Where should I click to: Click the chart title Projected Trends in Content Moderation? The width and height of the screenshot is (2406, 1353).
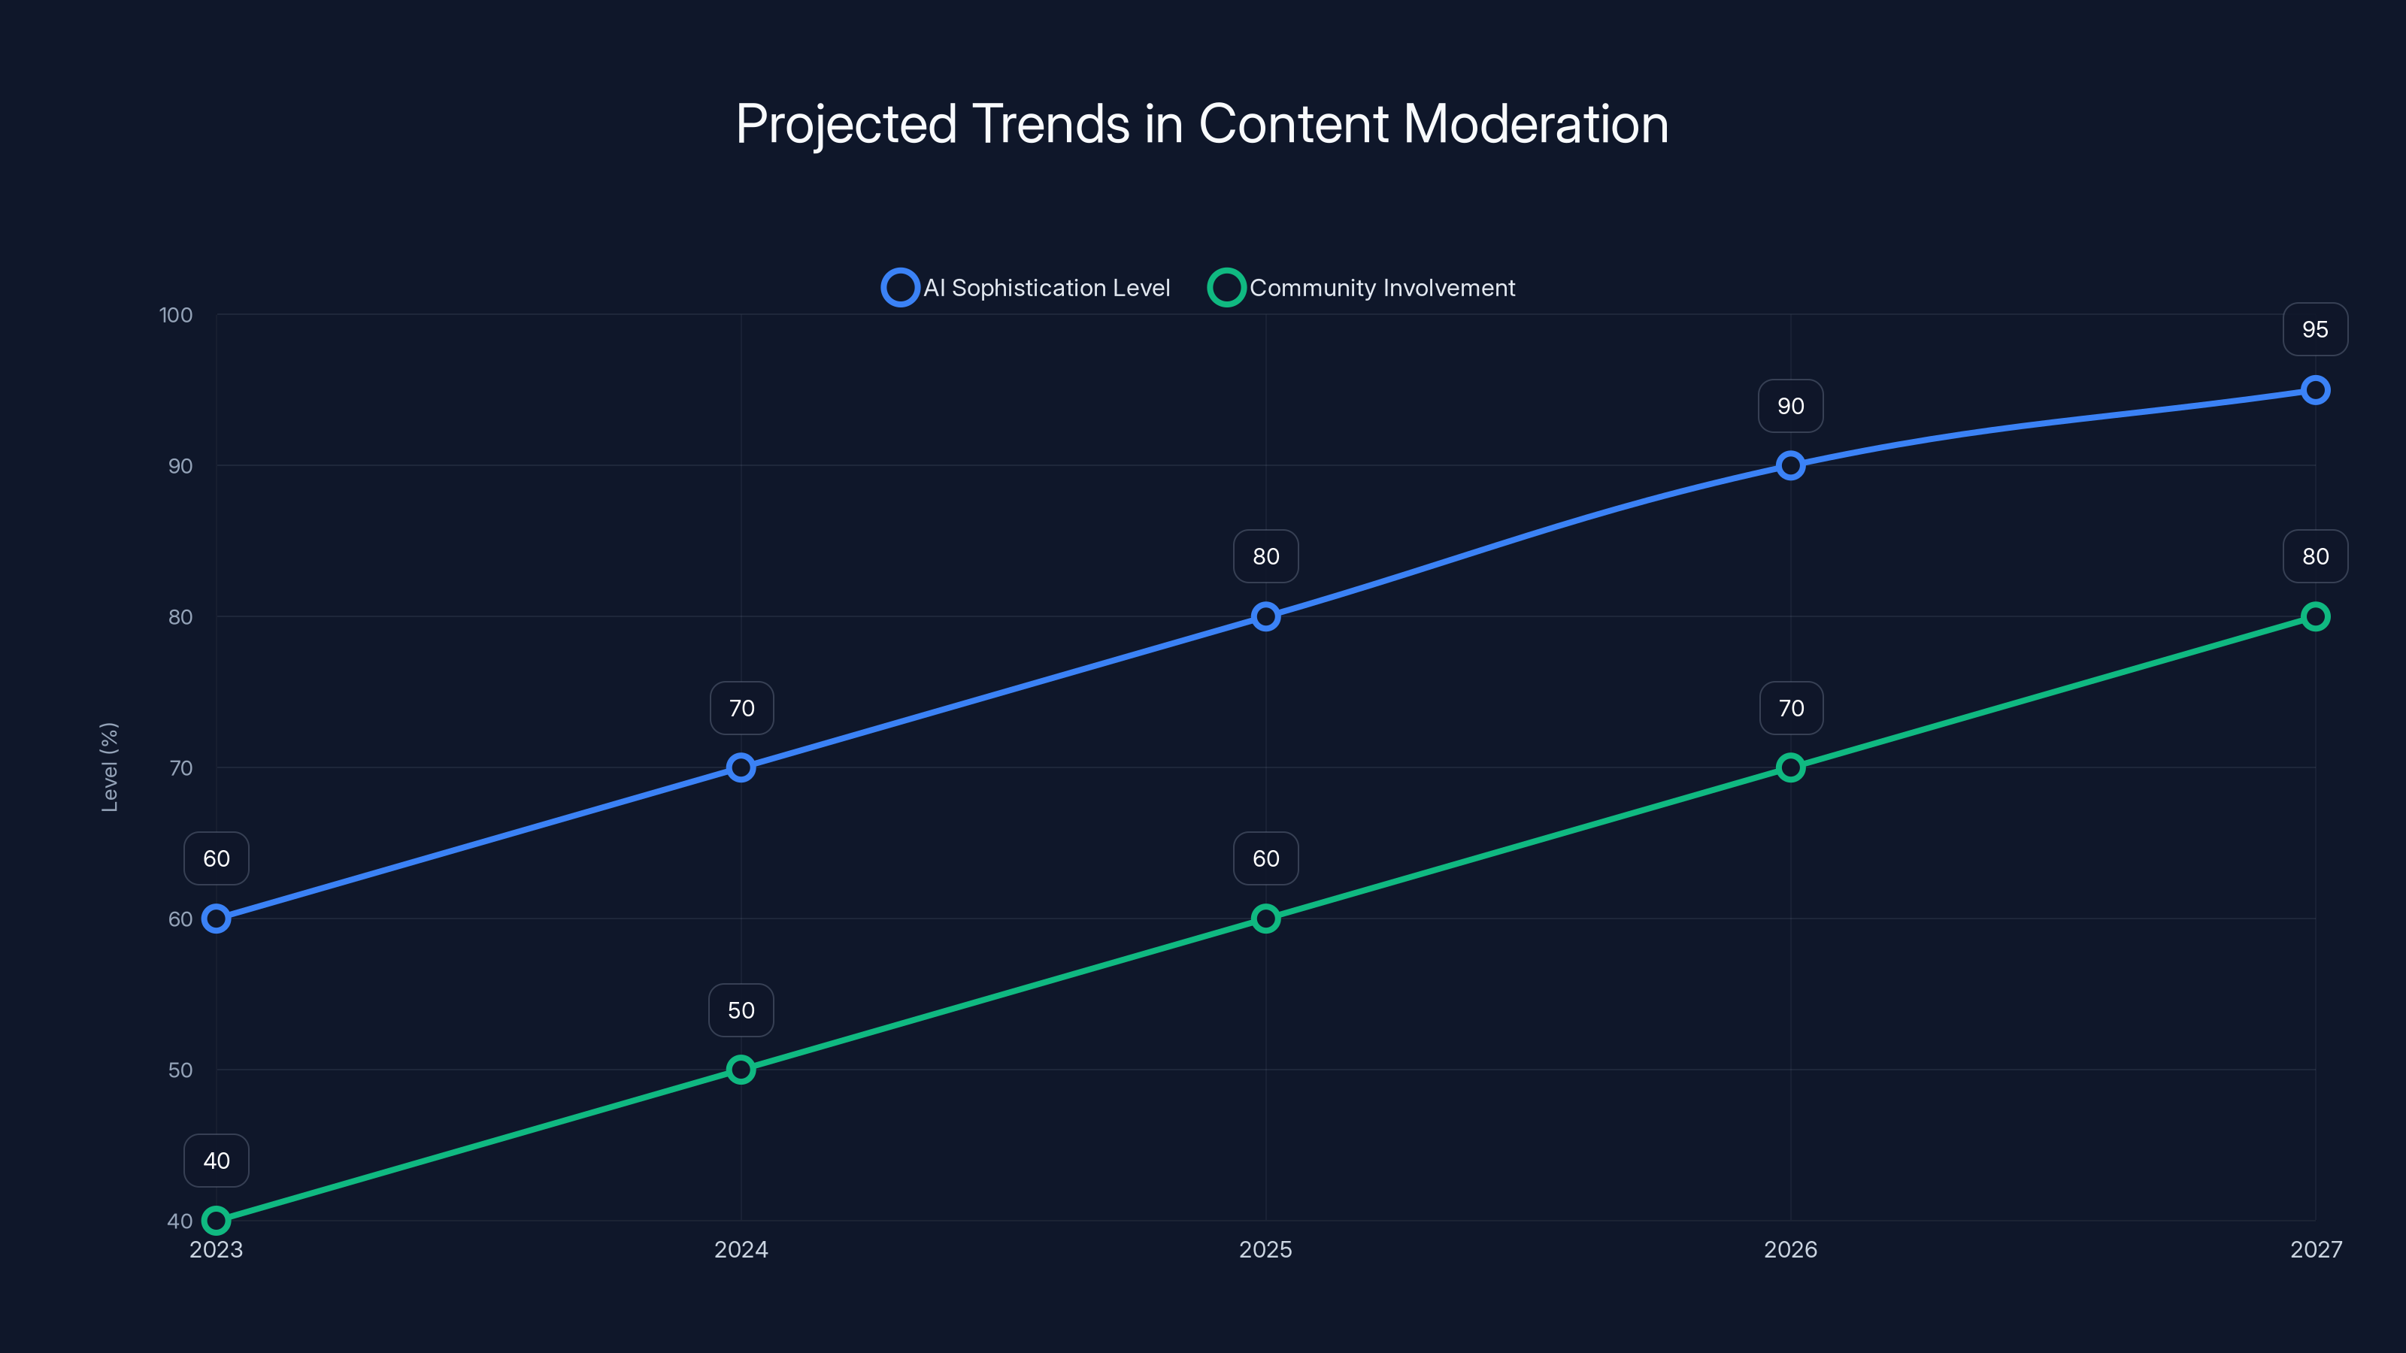(1202, 124)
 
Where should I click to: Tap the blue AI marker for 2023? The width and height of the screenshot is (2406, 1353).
(217, 919)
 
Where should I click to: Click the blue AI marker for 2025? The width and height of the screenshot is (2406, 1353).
(1265, 616)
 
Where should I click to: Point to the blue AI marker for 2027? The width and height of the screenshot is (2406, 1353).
(2314, 390)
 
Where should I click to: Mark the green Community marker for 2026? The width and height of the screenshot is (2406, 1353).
(1790, 767)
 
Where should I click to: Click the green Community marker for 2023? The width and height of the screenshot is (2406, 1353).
(217, 1221)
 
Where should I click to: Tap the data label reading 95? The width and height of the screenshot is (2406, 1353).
(2314, 330)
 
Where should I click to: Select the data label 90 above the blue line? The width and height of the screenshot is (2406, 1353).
(1790, 406)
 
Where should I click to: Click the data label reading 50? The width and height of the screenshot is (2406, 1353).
(741, 1010)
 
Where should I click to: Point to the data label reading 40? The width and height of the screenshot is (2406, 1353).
(217, 1161)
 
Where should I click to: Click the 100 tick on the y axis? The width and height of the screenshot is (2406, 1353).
(176, 316)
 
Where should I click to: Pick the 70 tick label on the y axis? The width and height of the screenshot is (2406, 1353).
(180, 768)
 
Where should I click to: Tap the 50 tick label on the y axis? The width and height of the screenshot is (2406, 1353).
(180, 1070)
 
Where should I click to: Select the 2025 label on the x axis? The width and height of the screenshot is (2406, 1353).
(1265, 1249)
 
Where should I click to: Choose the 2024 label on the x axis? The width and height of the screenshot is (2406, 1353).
(741, 1249)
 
